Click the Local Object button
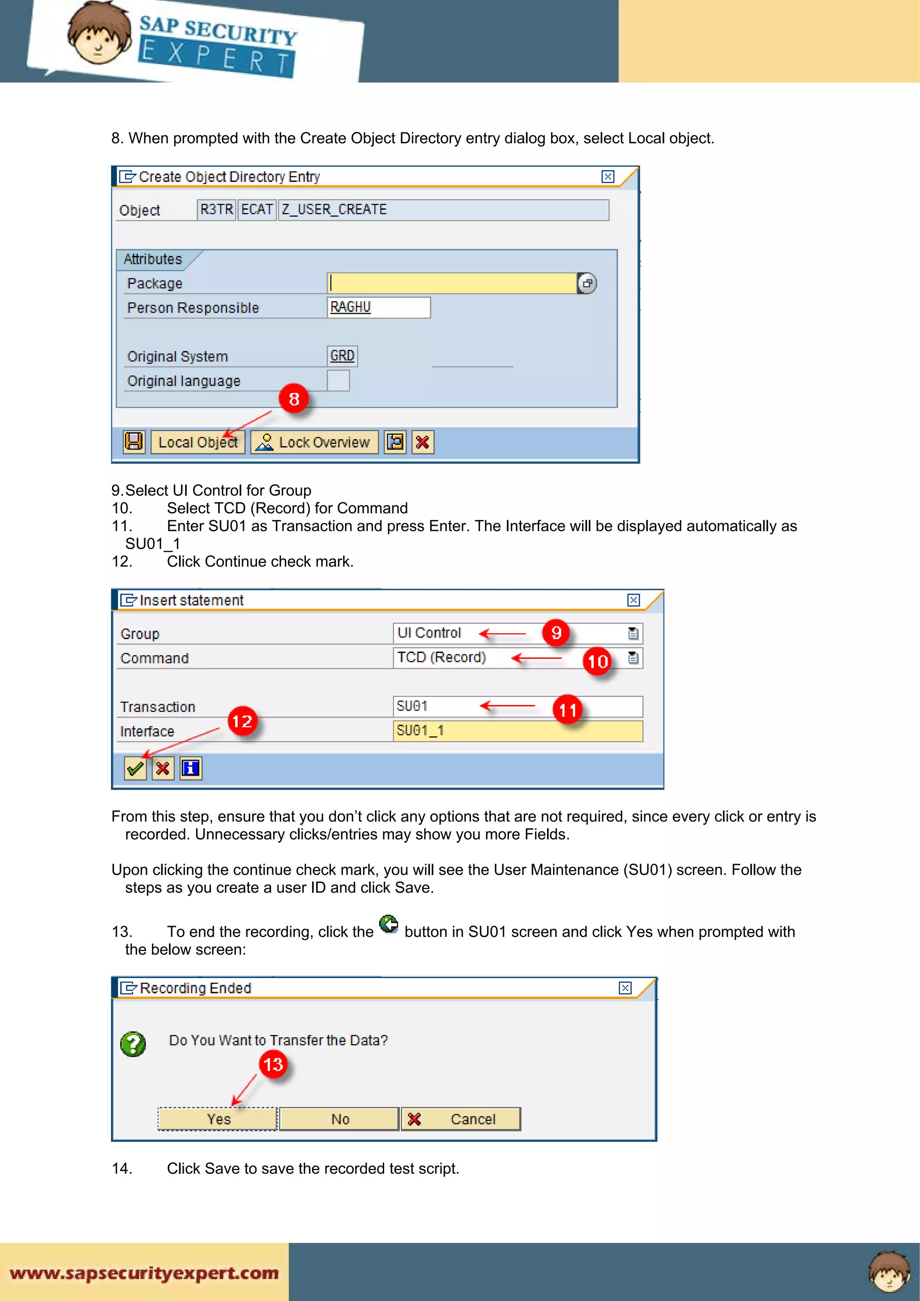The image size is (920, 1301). (x=197, y=442)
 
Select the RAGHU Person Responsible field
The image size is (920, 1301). (x=378, y=307)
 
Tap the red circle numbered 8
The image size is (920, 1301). (x=294, y=399)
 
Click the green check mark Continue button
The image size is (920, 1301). (x=135, y=768)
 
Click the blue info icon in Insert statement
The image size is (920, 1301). (x=190, y=768)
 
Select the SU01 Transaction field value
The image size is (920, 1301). (x=517, y=706)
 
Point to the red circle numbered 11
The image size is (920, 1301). (x=567, y=710)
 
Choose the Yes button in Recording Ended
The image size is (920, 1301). (x=218, y=1119)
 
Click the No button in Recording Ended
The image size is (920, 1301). (x=340, y=1119)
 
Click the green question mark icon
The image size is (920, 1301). (x=133, y=1044)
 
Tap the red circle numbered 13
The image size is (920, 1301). (x=273, y=1064)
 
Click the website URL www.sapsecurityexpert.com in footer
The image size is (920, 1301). (x=144, y=1274)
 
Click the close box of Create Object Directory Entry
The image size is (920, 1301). (x=608, y=177)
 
